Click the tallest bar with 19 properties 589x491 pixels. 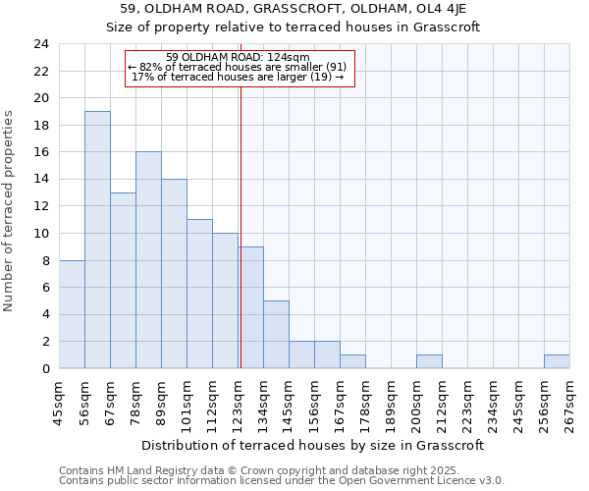click(97, 240)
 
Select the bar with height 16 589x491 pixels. click(148, 260)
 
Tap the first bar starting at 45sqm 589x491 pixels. click(72, 314)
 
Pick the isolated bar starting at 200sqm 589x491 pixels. click(429, 361)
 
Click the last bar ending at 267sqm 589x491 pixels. click(557, 361)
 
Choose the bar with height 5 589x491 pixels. click(276, 335)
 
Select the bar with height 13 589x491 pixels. click(123, 281)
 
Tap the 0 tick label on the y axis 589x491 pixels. click(45, 369)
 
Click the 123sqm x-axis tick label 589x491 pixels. click(239, 403)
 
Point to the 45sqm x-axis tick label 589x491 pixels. click(60, 403)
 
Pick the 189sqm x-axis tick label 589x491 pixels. click(392, 403)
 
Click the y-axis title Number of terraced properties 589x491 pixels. click(9, 210)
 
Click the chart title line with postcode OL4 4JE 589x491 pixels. click(294, 9)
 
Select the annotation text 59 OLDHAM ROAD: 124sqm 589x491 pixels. click(239, 57)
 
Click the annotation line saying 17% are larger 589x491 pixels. click(239, 77)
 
